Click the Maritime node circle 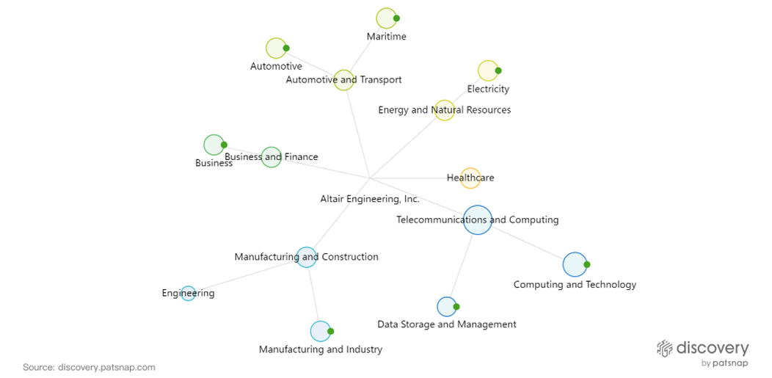(386, 18)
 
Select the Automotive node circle (275, 48)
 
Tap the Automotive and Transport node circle (343, 80)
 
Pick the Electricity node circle (488, 70)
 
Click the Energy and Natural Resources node (445, 111)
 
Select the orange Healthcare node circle (470, 178)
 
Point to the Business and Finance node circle (272, 157)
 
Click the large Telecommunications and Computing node (477, 219)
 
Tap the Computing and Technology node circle (575, 264)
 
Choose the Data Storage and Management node (447, 307)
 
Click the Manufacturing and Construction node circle (307, 257)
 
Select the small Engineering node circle (189, 294)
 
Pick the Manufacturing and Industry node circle (321, 332)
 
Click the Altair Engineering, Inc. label (370, 199)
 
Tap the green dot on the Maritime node (396, 18)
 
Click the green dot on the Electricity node (498, 70)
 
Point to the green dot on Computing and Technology (587, 264)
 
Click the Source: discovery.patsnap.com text (89, 367)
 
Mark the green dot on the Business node (224, 145)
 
